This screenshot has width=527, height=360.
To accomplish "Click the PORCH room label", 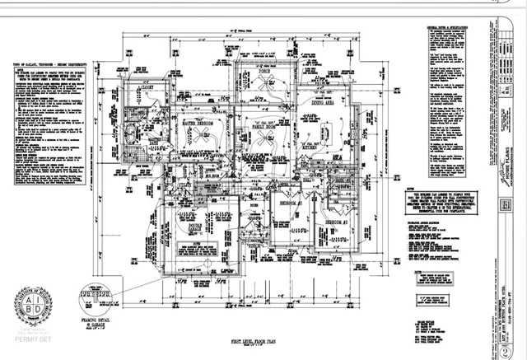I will pyautogui.click(x=265, y=72).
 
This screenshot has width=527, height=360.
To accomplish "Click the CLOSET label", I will pyautogui.click(x=148, y=85).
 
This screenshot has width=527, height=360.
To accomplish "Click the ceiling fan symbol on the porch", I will pyautogui.click(x=265, y=86).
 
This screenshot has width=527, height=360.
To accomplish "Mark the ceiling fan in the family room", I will pyautogui.click(x=265, y=136).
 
